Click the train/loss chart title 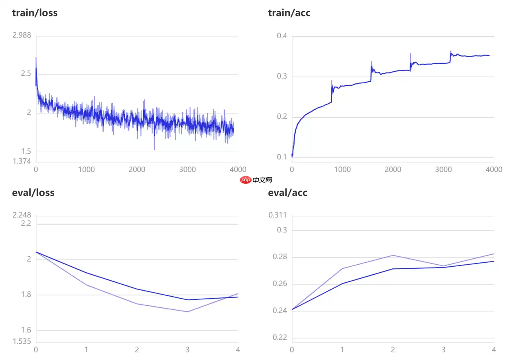click(35, 13)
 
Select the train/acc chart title click(289, 13)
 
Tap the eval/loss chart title click(33, 193)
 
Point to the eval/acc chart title click(288, 193)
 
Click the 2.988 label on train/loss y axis click(22, 35)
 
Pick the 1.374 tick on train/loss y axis click(22, 161)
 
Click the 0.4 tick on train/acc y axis click(282, 36)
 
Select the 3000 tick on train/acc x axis click(443, 169)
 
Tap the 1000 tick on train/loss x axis click(86, 169)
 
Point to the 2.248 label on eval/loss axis click(22, 215)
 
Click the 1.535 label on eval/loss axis click(22, 341)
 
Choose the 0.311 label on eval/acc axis click(278, 215)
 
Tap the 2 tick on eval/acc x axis click(393, 350)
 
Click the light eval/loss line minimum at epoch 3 click(187, 311)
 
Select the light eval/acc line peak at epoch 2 click(393, 255)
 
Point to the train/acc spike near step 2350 click(410, 53)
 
